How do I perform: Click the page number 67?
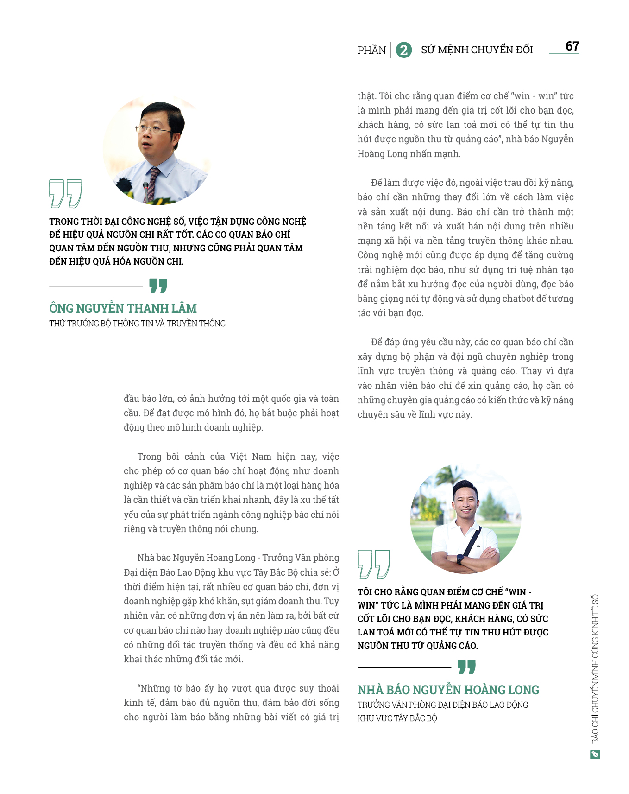(x=572, y=46)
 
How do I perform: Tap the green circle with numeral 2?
(x=404, y=50)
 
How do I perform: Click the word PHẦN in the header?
(x=371, y=50)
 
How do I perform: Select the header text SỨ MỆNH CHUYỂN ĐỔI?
(x=477, y=50)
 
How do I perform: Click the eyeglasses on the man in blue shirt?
(x=153, y=129)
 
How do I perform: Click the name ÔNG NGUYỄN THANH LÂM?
(x=123, y=308)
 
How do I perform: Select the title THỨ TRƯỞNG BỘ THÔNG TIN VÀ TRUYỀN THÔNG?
(x=137, y=324)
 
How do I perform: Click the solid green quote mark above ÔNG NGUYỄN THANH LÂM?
(x=158, y=286)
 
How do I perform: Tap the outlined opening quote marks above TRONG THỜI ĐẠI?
(x=65, y=193)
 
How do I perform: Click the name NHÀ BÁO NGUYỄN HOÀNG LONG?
(x=448, y=690)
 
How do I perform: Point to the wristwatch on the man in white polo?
(x=459, y=558)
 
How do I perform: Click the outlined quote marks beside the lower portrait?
(x=373, y=564)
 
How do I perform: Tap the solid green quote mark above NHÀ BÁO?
(x=466, y=667)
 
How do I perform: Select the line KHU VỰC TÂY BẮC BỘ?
(x=397, y=718)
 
